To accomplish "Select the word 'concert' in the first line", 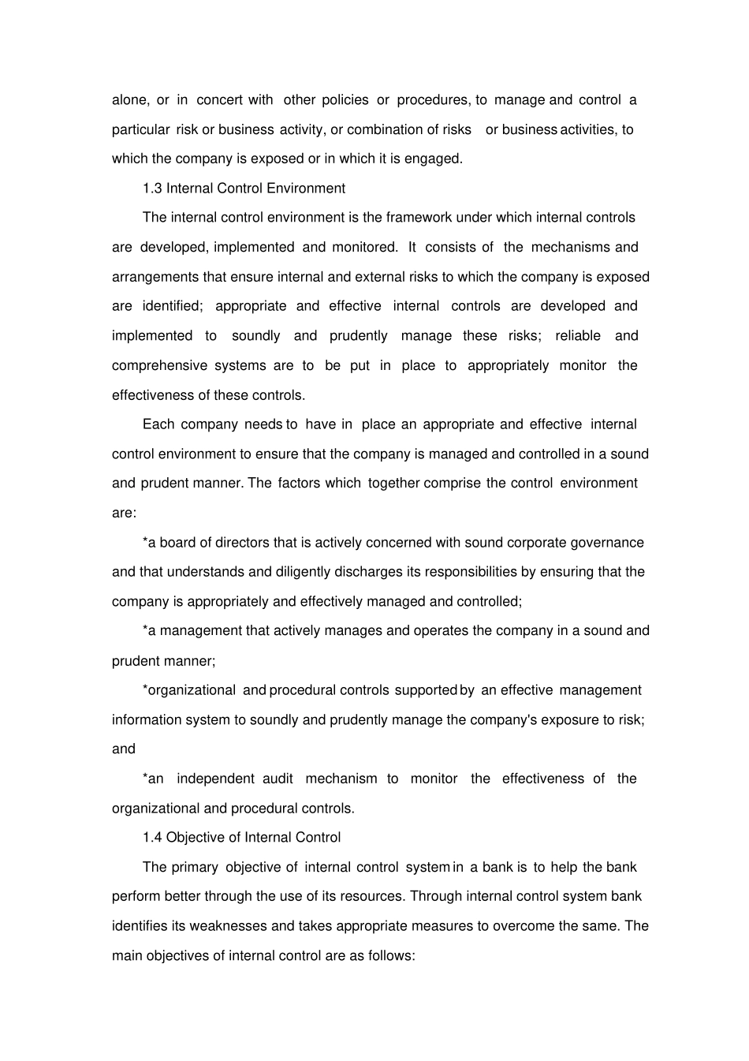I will click(x=220, y=100).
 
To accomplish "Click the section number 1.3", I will click(x=152, y=189).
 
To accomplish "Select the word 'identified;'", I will click(x=172, y=306).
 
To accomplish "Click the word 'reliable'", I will click(x=578, y=336).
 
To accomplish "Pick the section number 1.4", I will click(x=152, y=838).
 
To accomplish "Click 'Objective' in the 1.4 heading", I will click(x=196, y=838).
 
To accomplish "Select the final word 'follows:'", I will click(x=391, y=956).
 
